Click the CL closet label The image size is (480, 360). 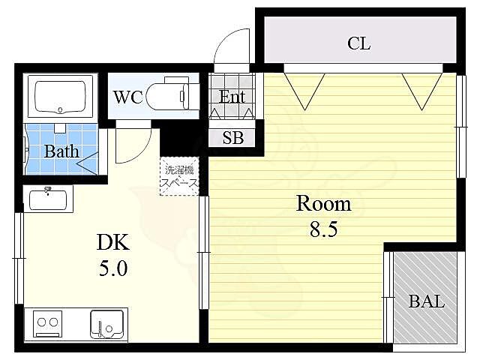pyautogui.click(x=358, y=43)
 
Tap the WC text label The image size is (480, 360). pyautogui.click(x=128, y=97)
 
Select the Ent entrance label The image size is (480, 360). pyautogui.click(x=232, y=97)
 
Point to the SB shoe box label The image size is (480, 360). pyautogui.click(x=233, y=138)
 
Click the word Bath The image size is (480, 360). pyautogui.click(x=61, y=151)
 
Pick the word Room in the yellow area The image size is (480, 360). pyautogui.click(x=324, y=203)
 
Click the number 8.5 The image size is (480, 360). pyautogui.click(x=323, y=229)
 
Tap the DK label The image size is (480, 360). pyautogui.click(x=113, y=242)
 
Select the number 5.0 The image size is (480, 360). pyautogui.click(x=113, y=268)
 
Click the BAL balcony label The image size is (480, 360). pyautogui.click(x=427, y=301)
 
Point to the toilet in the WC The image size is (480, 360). pyautogui.click(x=168, y=95)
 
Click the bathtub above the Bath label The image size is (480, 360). pyautogui.click(x=60, y=97)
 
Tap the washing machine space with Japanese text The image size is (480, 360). pyautogui.click(x=179, y=176)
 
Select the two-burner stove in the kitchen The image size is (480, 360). pyautogui.click(x=47, y=324)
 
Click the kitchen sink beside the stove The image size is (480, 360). pyautogui.click(x=106, y=324)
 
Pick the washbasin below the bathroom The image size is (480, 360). pyautogui.click(x=48, y=199)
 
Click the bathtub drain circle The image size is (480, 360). pyautogui.click(x=60, y=109)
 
